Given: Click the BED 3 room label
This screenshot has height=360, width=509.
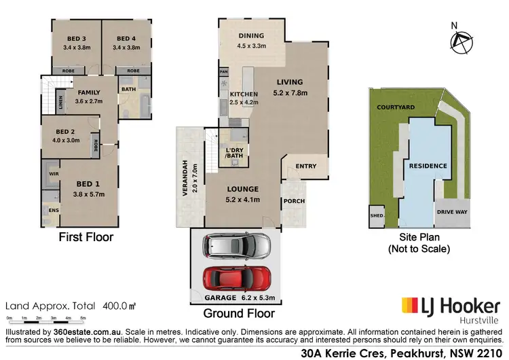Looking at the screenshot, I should (x=77, y=38).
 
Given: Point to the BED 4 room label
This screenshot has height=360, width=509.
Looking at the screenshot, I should (x=126, y=38).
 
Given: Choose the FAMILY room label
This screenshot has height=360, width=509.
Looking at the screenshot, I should (x=88, y=92).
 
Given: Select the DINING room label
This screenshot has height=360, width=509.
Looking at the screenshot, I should (x=250, y=36).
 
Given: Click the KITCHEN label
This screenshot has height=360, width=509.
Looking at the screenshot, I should (x=242, y=94).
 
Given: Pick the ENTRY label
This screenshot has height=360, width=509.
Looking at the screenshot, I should (x=306, y=166).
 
